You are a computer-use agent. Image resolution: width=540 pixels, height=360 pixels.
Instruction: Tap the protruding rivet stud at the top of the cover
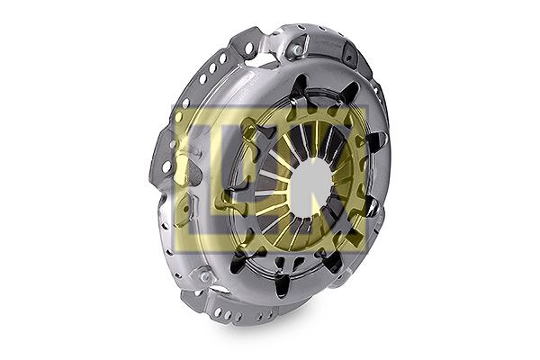pyautogui.click(x=297, y=50)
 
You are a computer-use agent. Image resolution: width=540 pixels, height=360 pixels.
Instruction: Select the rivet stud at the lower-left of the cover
pyautogui.click(x=205, y=276)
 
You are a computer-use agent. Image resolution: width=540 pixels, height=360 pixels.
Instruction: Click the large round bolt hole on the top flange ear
pyautogui.click(x=248, y=48)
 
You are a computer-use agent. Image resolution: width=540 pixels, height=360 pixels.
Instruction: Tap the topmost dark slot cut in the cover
pyautogui.click(x=299, y=85)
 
